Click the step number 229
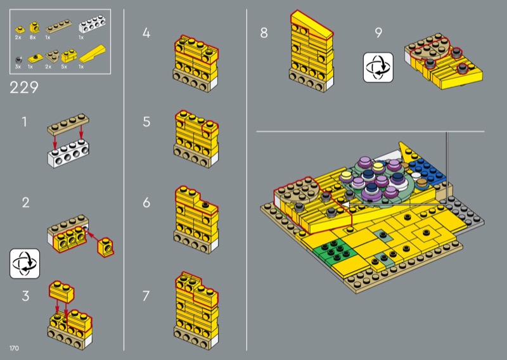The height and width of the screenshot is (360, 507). click(x=24, y=87)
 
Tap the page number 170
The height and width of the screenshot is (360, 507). click(x=14, y=348)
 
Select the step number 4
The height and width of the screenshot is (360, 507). click(x=146, y=33)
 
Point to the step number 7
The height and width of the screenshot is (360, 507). click(x=146, y=296)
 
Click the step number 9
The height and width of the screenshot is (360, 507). click(x=378, y=32)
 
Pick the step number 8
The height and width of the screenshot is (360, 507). click(x=264, y=33)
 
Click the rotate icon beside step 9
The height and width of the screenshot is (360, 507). click(x=378, y=68)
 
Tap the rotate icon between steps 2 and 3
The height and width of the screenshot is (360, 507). click(x=25, y=263)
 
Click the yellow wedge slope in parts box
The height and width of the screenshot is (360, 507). click(x=92, y=54)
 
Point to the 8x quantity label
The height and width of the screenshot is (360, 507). click(x=33, y=37)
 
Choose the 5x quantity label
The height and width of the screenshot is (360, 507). click(x=64, y=67)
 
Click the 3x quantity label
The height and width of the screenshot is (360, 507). click(x=18, y=67)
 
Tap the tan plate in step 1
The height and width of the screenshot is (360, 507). click(x=68, y=124)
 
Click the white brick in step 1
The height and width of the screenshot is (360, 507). click(x=68, y=154)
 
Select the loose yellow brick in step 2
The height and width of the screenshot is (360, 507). click(x=105, y=247)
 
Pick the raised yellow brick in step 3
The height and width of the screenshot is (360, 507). click(x=61, y=291)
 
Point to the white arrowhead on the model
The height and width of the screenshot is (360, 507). click(x=345, y=205)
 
